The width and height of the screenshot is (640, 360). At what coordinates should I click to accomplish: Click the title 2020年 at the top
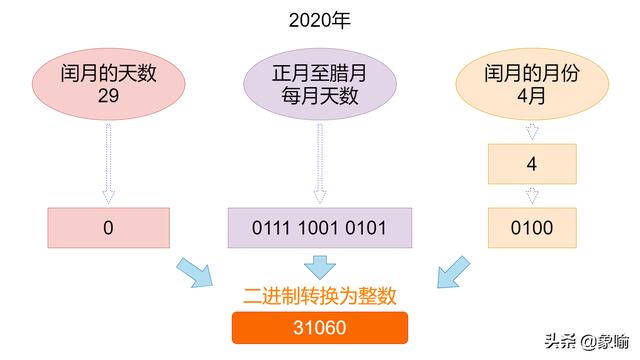pos(319,20)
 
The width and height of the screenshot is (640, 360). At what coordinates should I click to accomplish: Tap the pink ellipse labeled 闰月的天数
pos(108,84)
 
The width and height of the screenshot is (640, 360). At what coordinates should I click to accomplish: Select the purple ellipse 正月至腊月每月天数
pos(319,84)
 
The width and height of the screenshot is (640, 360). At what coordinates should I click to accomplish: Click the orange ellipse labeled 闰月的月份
pos(530,84)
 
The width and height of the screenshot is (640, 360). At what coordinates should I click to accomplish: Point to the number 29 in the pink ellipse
pos(108,96)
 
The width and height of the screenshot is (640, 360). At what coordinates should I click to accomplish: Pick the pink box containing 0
pos(108,228)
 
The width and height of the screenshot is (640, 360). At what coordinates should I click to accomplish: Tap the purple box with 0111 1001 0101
pos(319,228)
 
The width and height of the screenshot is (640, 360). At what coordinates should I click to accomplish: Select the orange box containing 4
pos(531,164)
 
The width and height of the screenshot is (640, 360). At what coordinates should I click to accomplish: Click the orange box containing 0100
pos(531,228)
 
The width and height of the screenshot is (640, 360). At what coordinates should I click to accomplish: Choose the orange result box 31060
pos(319,328)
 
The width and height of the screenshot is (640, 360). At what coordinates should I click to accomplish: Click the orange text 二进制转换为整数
pos(319,297)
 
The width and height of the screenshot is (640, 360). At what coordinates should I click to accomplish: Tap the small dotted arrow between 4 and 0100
pos(531,196)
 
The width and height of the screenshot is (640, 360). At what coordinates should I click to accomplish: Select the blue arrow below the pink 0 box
pos(194,272)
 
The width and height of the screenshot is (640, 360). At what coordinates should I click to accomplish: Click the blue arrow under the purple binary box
pos(319,266)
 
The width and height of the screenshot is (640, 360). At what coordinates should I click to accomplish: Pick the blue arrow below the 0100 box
pos(451,272)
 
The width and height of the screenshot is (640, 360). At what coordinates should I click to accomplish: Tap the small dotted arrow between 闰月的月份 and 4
pos(531,132)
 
